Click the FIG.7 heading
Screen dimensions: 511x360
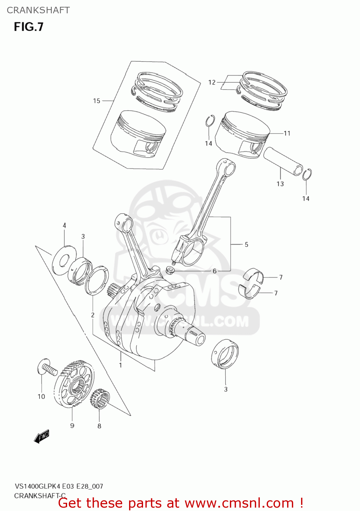point(29,27)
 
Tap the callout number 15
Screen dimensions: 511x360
point(97,101)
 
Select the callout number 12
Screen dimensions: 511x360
point(212,82)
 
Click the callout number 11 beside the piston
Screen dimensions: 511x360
point(287,133)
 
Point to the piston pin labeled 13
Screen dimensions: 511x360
point(283,161)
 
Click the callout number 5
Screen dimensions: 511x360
point(246,245)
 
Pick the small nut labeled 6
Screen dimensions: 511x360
point(170,271)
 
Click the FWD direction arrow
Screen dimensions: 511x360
point(42,436)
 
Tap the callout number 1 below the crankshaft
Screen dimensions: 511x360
point(121,365)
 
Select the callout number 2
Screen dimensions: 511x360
point(93,315)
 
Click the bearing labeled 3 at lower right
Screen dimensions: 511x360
point(225,354)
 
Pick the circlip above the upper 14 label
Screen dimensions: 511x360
point(210,121)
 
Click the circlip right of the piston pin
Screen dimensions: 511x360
point(307,174)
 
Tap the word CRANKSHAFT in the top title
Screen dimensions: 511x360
point(38,10)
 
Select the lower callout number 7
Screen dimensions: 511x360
point(276,293)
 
